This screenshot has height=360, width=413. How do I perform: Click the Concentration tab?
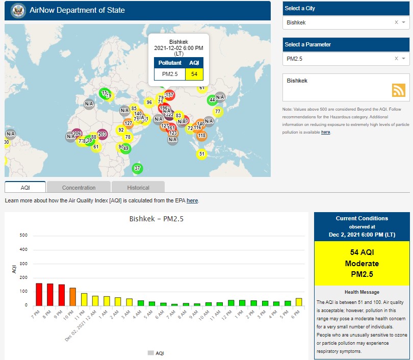(x=79, y=187)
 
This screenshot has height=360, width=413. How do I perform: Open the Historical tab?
(x=138, y=187)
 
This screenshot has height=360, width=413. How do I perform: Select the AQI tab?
(x=25, y=187)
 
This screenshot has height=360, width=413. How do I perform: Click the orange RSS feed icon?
(x=398, y=90)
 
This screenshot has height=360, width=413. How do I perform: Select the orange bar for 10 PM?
(x=72, y=296)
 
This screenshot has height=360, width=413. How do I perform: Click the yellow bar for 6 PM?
(x=299, y=301)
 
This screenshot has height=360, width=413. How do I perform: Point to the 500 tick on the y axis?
(x=23, y=235)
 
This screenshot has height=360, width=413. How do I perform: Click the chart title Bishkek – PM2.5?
(x=157, y=219)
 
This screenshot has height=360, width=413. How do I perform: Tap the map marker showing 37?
(x=137, y=168)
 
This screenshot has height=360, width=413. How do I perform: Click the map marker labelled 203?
(x=102, y=134)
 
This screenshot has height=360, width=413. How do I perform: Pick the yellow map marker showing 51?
(x=201, y=154)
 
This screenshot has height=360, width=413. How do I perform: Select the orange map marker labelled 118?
(x=201, y=136)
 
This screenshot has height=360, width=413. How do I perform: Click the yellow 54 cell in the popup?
(x=194, y=74)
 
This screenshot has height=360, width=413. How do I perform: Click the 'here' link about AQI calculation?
(x=192, y=201)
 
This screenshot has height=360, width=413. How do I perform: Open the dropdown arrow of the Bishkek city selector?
(x=403, y=23)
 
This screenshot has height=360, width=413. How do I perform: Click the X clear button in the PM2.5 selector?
(x=396, y=59)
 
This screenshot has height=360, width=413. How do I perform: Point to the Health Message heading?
(x=362, y=292)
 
